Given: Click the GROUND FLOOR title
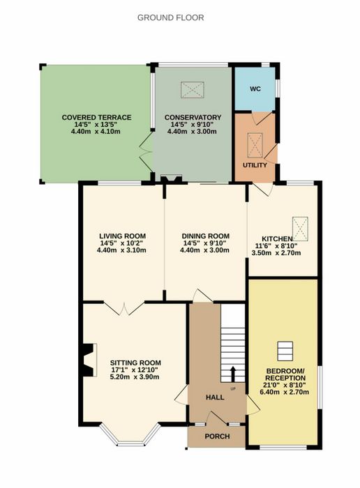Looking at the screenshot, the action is point(171,17).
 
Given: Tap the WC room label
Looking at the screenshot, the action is point(255,89).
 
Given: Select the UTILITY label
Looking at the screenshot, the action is point(255,165).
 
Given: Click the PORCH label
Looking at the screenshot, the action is point(218,436).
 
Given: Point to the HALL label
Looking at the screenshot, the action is point(215,397).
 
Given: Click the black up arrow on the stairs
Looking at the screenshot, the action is point(232,374).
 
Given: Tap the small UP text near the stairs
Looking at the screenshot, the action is point(233,389).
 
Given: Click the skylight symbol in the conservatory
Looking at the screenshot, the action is point(193,90).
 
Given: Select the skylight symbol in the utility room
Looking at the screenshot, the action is point(255,145).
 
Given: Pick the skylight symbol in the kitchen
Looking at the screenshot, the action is point(300,229).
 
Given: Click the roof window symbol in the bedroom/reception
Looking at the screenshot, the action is point(285,351).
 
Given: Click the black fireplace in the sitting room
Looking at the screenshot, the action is point(87,360).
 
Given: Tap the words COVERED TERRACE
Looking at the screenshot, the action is point(96,118).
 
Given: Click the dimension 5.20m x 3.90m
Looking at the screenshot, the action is point(135,377).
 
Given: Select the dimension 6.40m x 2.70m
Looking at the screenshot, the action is point(285,392).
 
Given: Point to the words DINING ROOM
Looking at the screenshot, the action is point(206,236).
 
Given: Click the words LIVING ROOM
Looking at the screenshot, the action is point(122,236).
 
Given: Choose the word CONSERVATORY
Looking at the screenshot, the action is point(193,118).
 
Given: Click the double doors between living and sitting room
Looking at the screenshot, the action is point(124,308).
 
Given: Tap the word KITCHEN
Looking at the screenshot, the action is point(277,239).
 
